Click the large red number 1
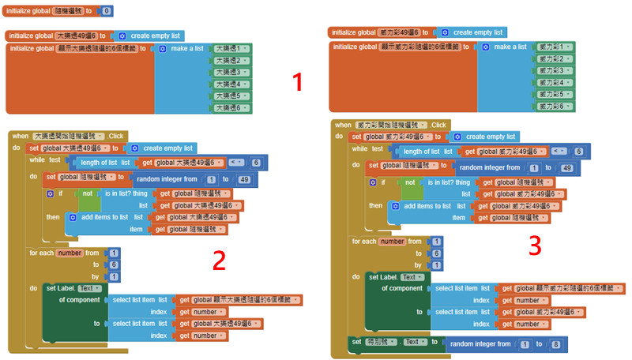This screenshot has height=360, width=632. pos(297,82)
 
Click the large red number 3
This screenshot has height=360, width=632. pos(535,246)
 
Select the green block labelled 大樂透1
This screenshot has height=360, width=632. pos(231,48)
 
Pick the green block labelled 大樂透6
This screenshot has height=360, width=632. pos(231,107)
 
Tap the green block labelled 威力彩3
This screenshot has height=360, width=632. pos(554,70)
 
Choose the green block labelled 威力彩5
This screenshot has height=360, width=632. pos(554,94)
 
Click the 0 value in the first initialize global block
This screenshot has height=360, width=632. pos(107,11)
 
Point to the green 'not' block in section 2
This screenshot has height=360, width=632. pos(88,193)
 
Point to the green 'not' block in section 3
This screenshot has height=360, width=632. pos(411,182)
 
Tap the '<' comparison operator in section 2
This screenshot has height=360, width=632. pos(236,163)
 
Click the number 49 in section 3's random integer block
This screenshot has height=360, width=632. pos(566,167)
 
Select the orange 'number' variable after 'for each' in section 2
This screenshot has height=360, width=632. pos(70,253)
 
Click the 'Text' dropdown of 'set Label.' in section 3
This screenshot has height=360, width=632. pos(410,277)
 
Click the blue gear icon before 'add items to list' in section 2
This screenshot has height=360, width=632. pos(72,217)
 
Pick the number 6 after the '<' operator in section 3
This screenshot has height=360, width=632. pos(578,152)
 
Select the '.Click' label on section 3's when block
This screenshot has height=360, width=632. pos(438,125)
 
